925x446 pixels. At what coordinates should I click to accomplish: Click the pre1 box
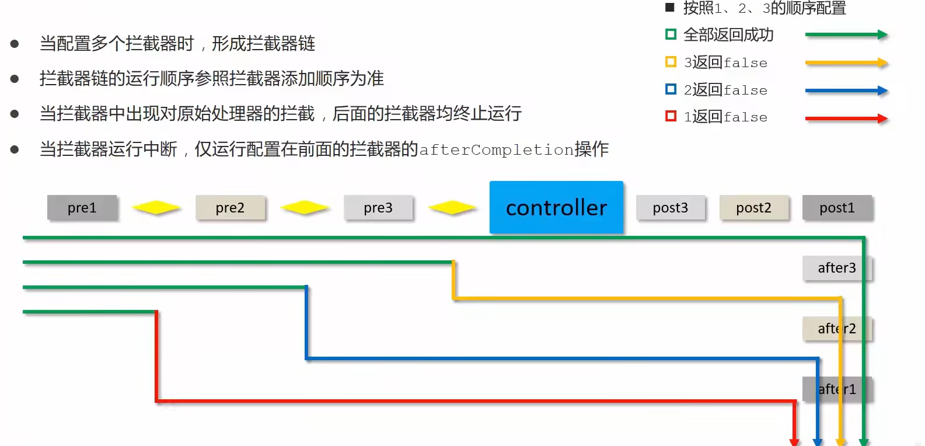tap(82, 208)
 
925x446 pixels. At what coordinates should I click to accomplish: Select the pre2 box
tap(230, 208)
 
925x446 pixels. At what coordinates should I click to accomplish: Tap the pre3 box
tap(378, 208)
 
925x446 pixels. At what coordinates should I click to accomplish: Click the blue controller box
tap(556, 207)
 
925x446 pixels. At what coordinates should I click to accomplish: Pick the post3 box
tap(670, 208)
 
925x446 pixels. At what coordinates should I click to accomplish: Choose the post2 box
tap(753, 208)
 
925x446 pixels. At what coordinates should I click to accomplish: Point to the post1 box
tap(837, 208)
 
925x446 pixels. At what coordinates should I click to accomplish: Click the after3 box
tap(836, 268)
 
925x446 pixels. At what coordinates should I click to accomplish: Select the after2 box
tap(836, 329)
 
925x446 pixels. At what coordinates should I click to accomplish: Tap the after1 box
tap(836, 389)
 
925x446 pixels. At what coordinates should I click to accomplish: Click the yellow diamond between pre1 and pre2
tap(156, 207)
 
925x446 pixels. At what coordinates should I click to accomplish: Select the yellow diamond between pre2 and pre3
tap(304, 207)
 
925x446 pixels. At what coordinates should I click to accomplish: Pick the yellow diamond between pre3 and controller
tap(452, 207)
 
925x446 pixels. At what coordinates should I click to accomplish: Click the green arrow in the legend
tap(846, 35)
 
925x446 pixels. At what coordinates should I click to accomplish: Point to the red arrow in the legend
tap(846, 119)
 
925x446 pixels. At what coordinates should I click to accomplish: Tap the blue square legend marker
tap(671, 89)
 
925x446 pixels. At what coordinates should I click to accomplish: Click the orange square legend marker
tap(671, 62)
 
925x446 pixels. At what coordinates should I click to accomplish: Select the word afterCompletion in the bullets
tap(497, 150)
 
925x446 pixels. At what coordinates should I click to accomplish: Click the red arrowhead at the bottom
tap(794, 441)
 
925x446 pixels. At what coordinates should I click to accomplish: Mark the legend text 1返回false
tap(725, 117)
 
